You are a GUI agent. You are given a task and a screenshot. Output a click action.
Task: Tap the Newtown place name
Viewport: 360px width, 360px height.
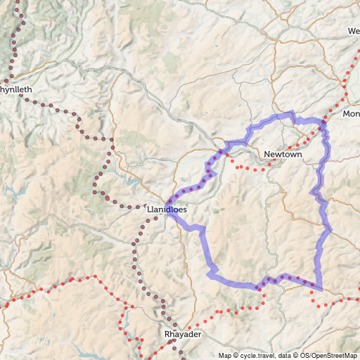pyautogui.click(x=283, y=155)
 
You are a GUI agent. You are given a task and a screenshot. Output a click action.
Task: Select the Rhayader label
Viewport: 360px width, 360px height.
pyautogui.click(x=182, y=335)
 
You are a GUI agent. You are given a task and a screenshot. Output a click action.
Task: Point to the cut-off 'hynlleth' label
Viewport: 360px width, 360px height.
pyautogui.click(x=15, y=91)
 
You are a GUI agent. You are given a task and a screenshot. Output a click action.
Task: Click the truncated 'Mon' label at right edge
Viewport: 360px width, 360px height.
pyautogui.click(x=351, y=114)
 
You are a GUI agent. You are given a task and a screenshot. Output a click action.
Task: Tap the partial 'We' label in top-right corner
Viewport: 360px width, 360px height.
pyautogui.click(x=353, y=31)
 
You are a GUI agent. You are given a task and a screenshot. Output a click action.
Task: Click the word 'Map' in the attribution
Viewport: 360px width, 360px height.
pyautogui.click(x=224, y=355)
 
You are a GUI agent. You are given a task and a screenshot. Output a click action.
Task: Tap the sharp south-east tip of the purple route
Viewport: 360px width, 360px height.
pyautogui.click(x=321, y=289)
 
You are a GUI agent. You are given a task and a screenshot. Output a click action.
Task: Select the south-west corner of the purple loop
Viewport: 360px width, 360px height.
pyautogui.click(x=209, y=273)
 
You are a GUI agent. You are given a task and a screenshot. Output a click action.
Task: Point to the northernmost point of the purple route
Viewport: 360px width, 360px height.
pyautogui.click(x=292, y=112)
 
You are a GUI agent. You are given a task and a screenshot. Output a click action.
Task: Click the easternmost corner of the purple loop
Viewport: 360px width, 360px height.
pyautogui.click(x=331, y=230)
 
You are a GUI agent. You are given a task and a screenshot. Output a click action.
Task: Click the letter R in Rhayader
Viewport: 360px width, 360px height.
pyautogui.click(x=167, y=335)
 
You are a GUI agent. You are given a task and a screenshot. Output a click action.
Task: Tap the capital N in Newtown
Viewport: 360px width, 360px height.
pyautogui.click(x=267, y=155)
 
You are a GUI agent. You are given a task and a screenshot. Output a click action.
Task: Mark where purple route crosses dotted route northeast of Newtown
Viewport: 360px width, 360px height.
pyautogui.click(x=323, y=126)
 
